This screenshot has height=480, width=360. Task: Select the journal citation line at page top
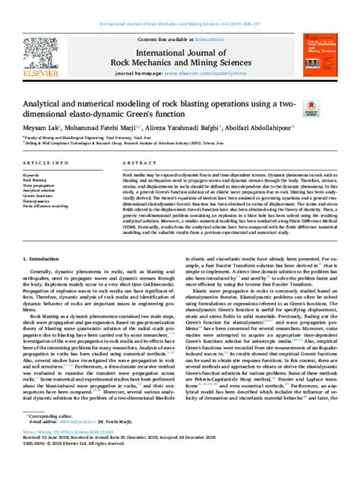pos(180,6)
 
